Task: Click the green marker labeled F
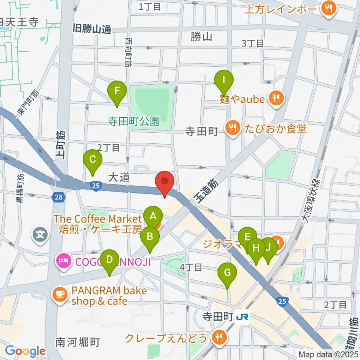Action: (117, 91)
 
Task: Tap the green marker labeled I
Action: (224, 80)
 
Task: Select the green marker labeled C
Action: (93, 160)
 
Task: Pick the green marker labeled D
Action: (109, 259)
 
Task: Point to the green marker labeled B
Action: (150, 237)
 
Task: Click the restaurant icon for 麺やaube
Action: (276, 99)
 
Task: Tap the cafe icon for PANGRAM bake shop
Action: (60, 295)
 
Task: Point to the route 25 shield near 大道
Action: (96, 185)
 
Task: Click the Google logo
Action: (25, 351)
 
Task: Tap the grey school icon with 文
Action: (40, 235)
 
